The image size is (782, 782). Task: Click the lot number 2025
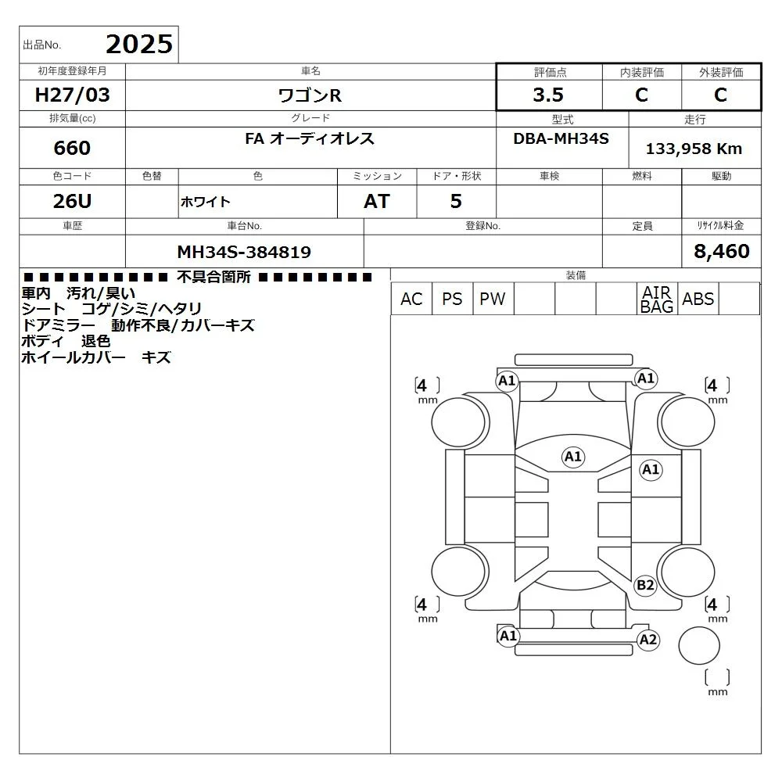coord(139,45)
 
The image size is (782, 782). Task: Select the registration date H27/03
coord(72,95)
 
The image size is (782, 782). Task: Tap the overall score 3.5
coord(548,95)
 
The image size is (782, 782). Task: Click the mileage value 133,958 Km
coord(694,149)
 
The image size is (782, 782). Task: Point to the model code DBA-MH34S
coord(561,138)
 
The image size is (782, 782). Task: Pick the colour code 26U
coord(72,201)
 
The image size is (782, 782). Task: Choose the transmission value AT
coord(377,201)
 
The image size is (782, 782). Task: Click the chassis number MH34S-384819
coord(244,252)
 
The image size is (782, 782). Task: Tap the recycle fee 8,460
coord(722,251)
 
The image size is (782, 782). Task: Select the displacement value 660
coord(72,148)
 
